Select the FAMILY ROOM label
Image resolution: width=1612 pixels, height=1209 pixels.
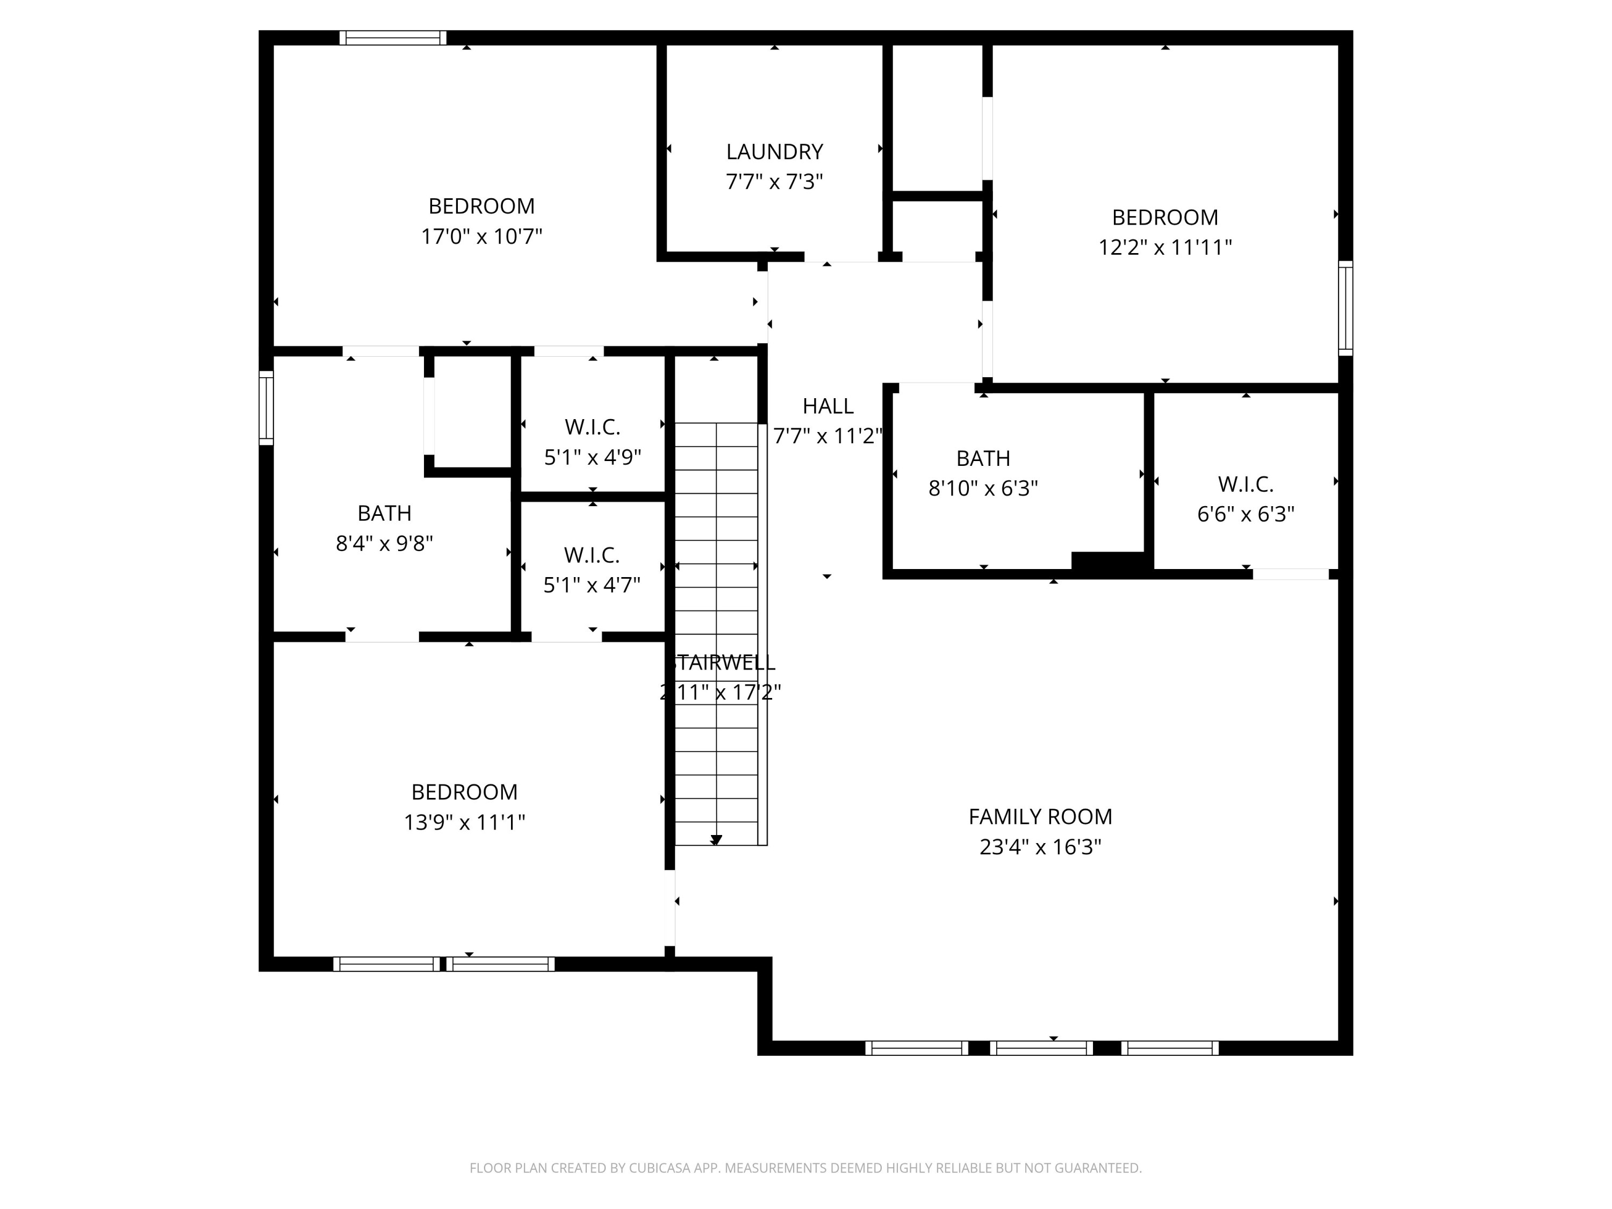click(1040, 817)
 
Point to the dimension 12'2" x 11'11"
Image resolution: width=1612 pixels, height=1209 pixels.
click(1164, 248)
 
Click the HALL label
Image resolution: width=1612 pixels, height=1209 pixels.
click(828, 406)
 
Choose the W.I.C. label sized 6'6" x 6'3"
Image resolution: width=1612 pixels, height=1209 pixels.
click(1246, 484)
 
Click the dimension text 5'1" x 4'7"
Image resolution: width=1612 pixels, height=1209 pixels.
click(592, 585)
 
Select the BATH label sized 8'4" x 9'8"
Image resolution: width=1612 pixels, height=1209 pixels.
click(384, 513)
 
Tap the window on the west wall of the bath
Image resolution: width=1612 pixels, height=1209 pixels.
click(266, 407)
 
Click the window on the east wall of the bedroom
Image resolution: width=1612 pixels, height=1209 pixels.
click(1345, 308)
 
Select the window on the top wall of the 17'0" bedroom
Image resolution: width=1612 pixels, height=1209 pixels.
click(393, 38)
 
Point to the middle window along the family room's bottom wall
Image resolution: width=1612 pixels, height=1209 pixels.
click(1041, 1048)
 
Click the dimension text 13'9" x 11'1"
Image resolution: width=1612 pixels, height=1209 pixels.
click(464, 823)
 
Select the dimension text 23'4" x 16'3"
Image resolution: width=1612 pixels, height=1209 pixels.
click(1040, 847)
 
